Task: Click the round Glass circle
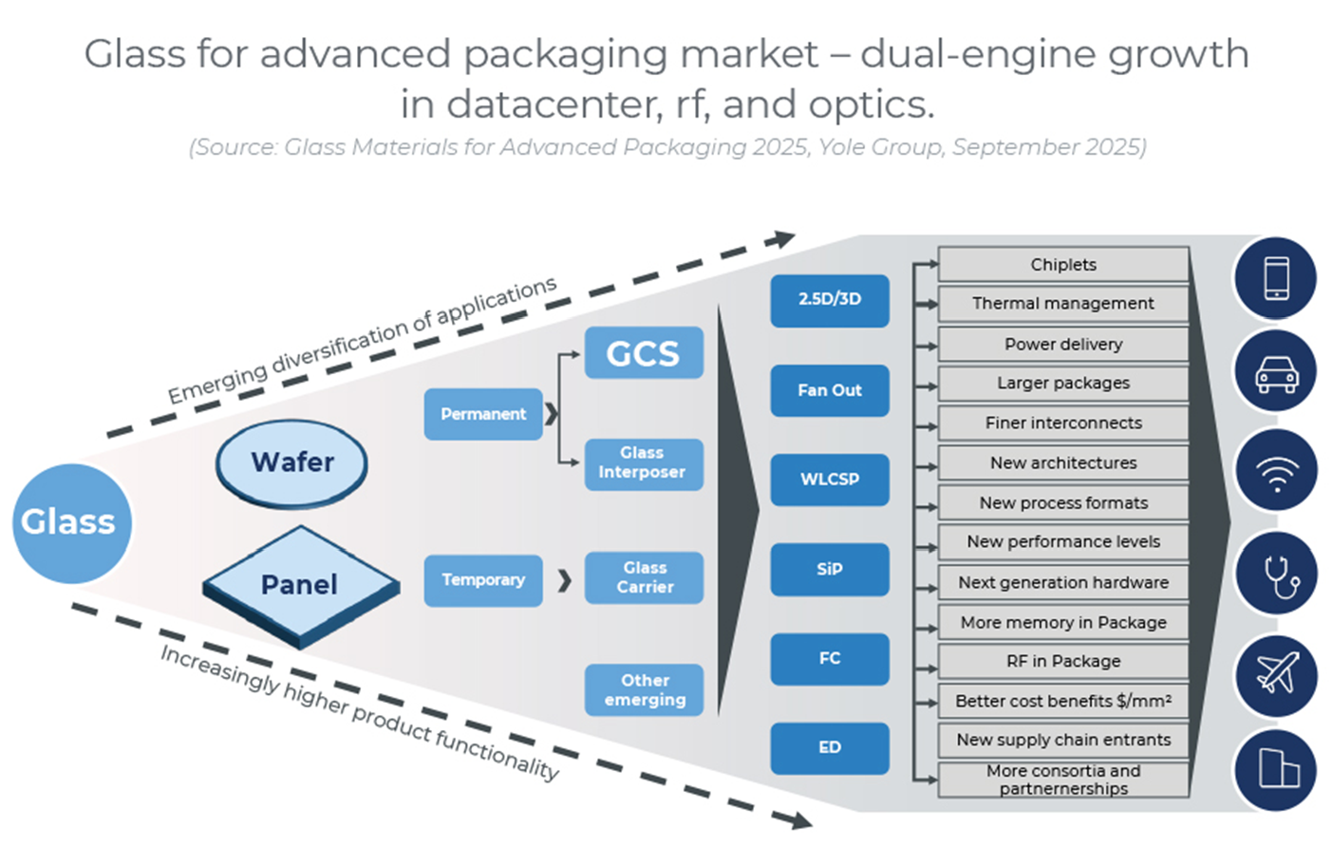click(x=71, y=523)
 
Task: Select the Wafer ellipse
click(x=291, y=463)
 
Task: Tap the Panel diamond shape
click(x=300, y=584)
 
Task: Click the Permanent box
click(x=482, y=414)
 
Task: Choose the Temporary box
click(x=482, y=580)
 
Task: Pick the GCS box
click(x=643, y=353)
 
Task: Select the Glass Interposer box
click(x=643, y=463)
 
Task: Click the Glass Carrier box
click(x=644, y=577)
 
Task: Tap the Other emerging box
click(x=644, y=690)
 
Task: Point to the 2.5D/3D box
click(x=829, y=300)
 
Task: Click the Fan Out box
click(x=829, y=390)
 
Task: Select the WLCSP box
click(x=829, y=480)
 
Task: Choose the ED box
click(x=829, y=748)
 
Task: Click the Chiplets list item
click(x=1063, y=265)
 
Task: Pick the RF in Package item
click(x=1063, y=662)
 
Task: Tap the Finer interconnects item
click(x=1063, y=424)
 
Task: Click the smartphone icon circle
click(x=1275, y=278)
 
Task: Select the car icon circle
click(x=1275, y=371)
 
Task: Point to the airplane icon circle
click(x=1275, y=675)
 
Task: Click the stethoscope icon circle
click(x=1275, y=573)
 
